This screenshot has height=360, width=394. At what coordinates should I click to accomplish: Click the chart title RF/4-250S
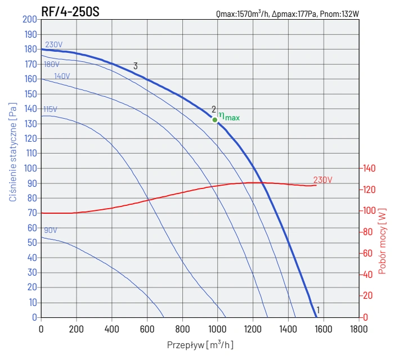[70, 11]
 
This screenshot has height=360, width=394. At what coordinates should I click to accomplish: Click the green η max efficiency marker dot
[215, 119]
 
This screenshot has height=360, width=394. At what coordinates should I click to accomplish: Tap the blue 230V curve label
[53, 45]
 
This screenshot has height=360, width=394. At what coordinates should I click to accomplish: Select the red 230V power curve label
[323, 180]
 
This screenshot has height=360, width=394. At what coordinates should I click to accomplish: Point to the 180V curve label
[52, 64]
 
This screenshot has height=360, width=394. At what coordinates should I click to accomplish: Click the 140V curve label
[62, 76]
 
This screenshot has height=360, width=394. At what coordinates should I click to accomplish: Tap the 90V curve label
[51, 231]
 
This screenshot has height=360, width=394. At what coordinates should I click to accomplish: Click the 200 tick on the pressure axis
[30, 19]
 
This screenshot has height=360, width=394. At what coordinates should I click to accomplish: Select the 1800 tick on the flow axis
[359, 328]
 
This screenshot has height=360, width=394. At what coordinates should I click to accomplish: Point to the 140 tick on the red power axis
[369, 168]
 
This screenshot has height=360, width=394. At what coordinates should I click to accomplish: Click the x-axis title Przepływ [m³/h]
[200, 344]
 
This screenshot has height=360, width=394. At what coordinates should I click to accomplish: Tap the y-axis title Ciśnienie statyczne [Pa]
[12, 152]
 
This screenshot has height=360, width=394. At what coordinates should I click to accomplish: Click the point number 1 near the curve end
[319, 310]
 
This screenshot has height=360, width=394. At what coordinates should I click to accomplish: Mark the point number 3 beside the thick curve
[136, 66]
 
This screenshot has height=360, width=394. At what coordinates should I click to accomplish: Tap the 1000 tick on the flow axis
[217, 328]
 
